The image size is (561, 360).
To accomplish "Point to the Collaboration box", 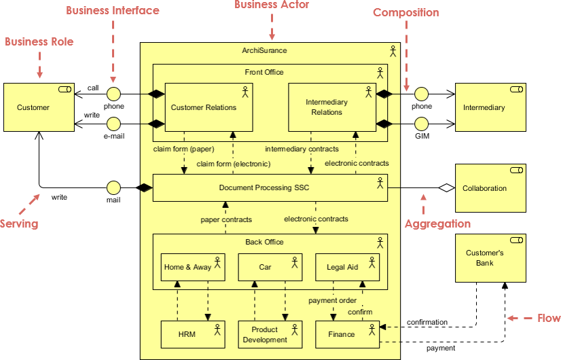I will click(x=490, y=188).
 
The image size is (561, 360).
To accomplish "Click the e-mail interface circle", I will click(x=113, y=124).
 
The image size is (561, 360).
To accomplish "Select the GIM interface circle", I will click(x=422, y=124).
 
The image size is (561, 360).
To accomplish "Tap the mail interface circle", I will click(x=113, y=187).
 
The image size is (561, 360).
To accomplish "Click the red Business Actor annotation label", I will click(x=272, y=5).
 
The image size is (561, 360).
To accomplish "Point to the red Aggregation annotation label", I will click(x=437, y=223).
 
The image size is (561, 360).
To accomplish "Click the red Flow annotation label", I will click(x=549, y=318).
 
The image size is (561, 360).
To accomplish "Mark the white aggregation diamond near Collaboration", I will click(x=446, y=188).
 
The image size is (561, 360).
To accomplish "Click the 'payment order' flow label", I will click(x=332, y=300).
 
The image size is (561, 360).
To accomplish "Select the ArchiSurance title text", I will click(x=264, y=50).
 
